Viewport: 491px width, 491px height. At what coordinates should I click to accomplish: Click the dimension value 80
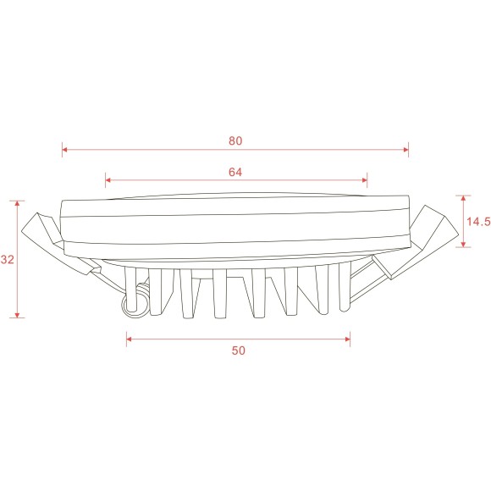[235, 141]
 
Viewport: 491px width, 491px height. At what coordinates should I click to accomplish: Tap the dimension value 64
[235, 171]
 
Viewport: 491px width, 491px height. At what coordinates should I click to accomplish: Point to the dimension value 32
[8, 261]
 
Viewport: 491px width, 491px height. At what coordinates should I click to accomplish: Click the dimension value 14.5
[478, 222]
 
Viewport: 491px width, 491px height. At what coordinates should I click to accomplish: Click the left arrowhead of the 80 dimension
[65, 152]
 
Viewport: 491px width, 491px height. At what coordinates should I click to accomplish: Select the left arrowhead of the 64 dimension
[108, 180]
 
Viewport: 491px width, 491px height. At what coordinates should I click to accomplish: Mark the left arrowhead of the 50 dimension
[130, 339]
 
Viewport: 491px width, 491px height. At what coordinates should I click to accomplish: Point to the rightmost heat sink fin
[343, 288]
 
